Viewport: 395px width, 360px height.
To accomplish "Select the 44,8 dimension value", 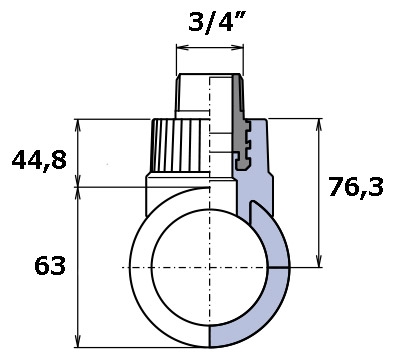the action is tap(39, 161).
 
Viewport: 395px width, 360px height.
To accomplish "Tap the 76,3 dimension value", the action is tap(356, 187).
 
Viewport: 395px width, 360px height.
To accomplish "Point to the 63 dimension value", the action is tap(50, 266).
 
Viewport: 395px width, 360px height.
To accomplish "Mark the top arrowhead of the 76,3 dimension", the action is tap(319, 125).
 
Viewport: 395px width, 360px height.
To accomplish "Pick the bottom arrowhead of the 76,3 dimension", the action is tap(319, 261).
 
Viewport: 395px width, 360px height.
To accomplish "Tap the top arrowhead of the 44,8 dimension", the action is tap(78, 125).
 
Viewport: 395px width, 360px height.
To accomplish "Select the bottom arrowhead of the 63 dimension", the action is tap(78, 341).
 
